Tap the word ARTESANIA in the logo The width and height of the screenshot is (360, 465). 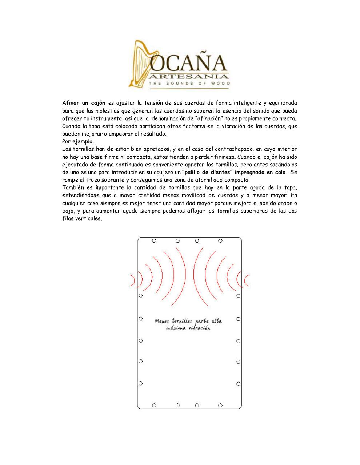click(x=189, y=77)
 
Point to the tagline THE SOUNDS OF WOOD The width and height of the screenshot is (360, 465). click(x=189, y=84)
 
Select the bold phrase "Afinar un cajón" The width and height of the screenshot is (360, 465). click(x=84, y=103)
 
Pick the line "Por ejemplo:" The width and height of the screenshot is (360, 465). click(x=78, y=141)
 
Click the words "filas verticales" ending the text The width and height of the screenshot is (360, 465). click(x=82, y=219)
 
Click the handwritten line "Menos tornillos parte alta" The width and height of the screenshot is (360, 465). click(x=188, y=321)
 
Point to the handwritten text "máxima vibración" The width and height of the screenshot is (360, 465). click(x=188, y=328)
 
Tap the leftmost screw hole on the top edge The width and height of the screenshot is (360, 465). click(x=154, y=241)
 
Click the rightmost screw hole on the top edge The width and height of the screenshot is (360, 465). click(x=220, y=241)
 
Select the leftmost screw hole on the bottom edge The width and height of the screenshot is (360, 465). click(x=154, y=405)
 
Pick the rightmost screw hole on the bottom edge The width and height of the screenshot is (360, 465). click(x=220, y=405)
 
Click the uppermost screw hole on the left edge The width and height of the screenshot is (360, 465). click(x=141, y=295)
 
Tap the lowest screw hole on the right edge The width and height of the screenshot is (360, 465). click(x=239, y=384)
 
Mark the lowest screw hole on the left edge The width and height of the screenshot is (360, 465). click(x=141, y=383)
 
